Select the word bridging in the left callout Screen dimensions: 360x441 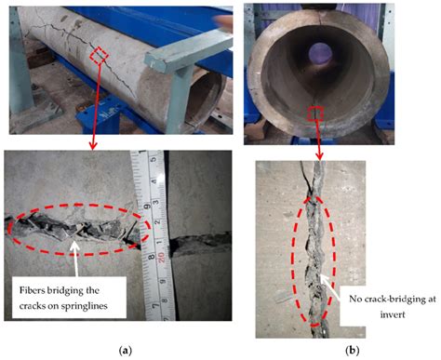click(x=99, y=288)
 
